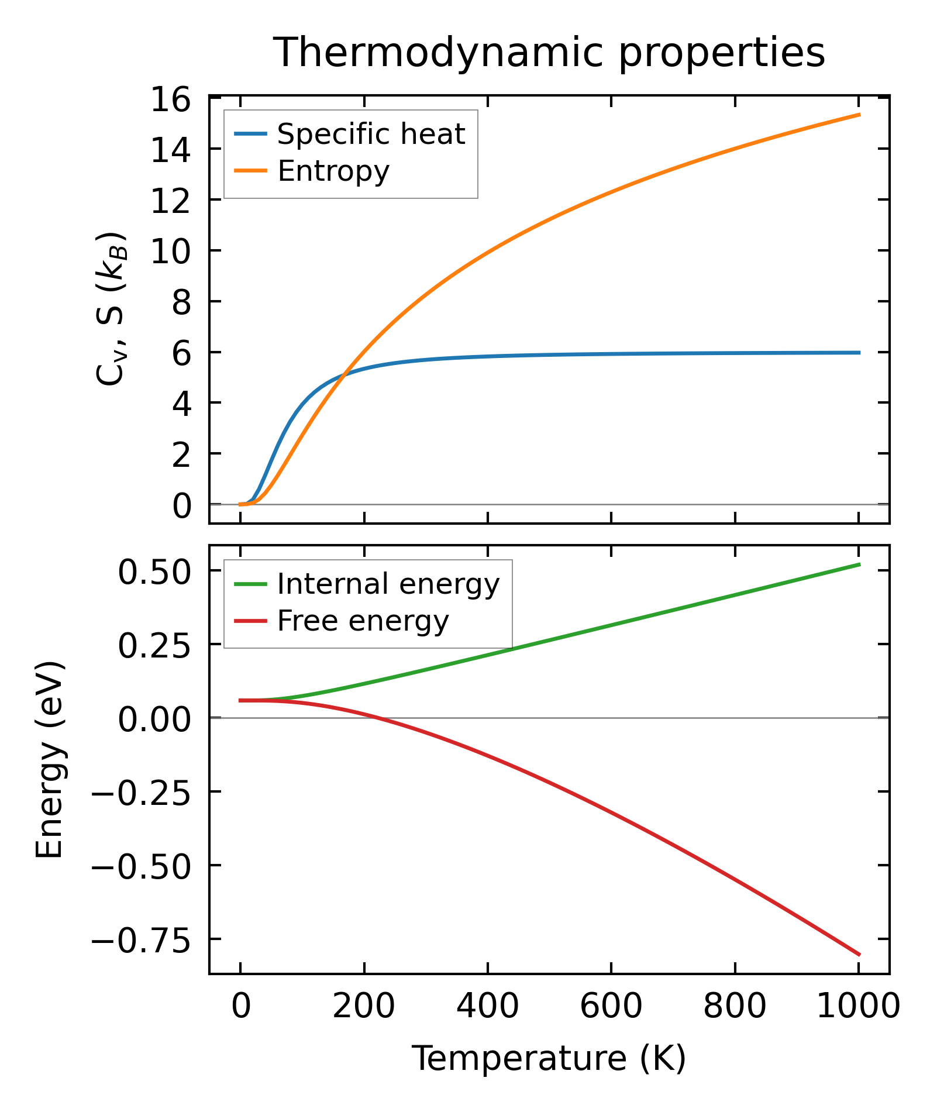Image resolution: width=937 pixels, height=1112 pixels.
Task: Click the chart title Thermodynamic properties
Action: click(549, 53)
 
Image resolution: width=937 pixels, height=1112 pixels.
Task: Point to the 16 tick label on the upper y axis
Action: click(170, 99)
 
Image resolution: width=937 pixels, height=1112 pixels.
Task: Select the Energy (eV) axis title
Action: click(49, 760)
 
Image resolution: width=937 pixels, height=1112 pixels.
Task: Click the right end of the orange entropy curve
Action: click(859, 115)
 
